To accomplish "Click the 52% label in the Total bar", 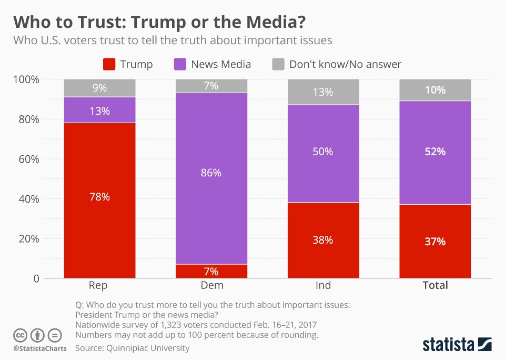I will coord(435,152).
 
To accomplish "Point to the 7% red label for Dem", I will coord(211,272).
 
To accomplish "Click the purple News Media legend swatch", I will coord(180,65).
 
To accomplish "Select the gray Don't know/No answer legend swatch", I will coord(278,65).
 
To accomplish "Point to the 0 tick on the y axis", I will coord(36,278).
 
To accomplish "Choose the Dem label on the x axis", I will coord(211,285).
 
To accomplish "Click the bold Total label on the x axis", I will coord(435,285).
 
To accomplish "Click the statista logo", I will coord(457,345).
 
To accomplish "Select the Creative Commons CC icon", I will coord(20,335).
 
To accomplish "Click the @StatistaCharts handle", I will coord(39,348).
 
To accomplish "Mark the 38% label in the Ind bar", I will coord(322,240).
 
